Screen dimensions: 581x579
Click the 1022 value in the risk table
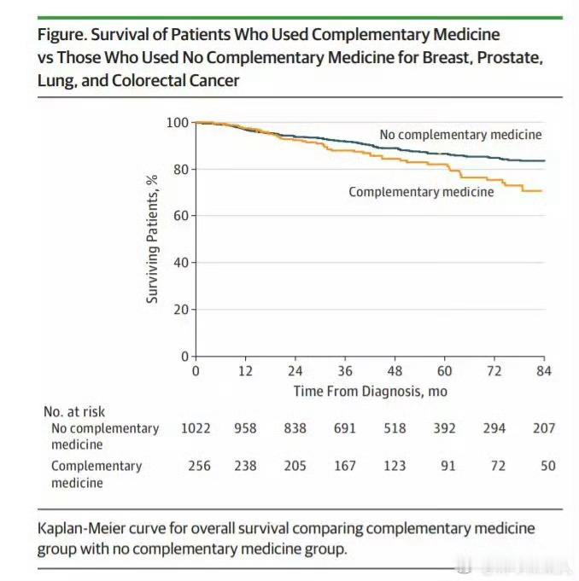click(196, 427)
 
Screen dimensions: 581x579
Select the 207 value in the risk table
click(542, 427)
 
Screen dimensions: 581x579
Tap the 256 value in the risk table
click(196, 466)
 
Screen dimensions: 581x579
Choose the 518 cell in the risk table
click(395, 427)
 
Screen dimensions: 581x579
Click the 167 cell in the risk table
click(344, 466)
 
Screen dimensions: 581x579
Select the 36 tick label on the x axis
click(344, 371)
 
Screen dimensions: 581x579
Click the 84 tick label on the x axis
click(544, 371)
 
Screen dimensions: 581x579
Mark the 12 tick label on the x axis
click(245, 371)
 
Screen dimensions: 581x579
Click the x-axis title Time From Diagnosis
click(370, 391)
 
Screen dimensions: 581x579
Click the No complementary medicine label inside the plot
click(460, 134)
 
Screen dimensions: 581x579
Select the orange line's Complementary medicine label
click(421, 192)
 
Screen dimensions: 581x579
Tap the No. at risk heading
click(74, 411)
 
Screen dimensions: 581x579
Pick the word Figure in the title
click(61, 35)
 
